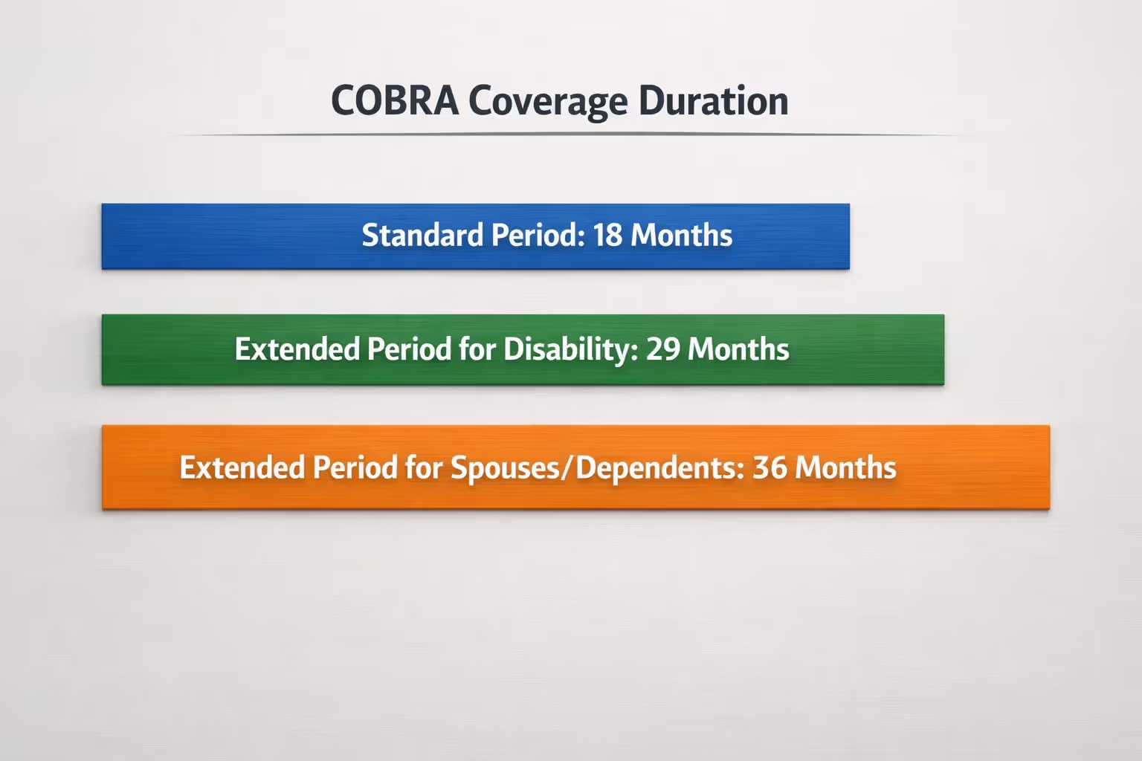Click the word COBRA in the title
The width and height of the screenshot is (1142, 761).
tap(394, 101)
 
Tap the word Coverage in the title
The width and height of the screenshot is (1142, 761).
tap(548, 101)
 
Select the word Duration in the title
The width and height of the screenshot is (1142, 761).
tap(713, 101)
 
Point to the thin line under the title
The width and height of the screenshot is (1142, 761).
tap(565, 135)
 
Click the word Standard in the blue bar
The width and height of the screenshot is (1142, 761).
tap(422, 235)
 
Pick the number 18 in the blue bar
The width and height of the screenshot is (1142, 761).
tap(607, 235)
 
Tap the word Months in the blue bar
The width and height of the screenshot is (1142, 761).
tap(681, 235)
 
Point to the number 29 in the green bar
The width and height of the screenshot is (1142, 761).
tap(662, 349)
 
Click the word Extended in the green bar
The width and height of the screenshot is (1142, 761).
tap(297, 349)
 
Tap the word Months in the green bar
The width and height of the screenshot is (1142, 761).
tap(738, 349)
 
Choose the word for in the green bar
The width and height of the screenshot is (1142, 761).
tap(477, 349)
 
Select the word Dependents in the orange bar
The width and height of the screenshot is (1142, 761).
tap(660, 468)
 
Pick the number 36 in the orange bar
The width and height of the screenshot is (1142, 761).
tap(770, 468)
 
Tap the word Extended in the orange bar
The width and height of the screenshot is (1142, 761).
tap(242, 468)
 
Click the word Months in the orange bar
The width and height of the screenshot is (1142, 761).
tap(845, 468)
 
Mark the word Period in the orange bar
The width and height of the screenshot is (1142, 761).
tap(355, 468)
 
